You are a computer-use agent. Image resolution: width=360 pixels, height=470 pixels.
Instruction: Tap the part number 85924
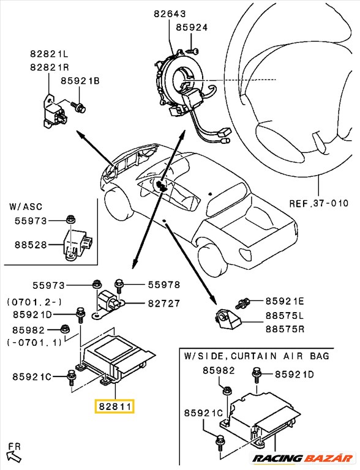click(192, 28)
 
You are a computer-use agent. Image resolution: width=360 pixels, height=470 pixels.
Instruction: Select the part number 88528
click(29, 245)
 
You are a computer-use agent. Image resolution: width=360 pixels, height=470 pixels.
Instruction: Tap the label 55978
click(163, 285)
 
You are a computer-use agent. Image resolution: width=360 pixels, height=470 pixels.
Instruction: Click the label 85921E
click(285, 300)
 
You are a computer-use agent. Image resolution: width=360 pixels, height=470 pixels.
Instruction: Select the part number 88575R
click(284, 330)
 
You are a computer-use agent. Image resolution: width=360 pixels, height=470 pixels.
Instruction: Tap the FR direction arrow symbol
click(12, 455)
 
